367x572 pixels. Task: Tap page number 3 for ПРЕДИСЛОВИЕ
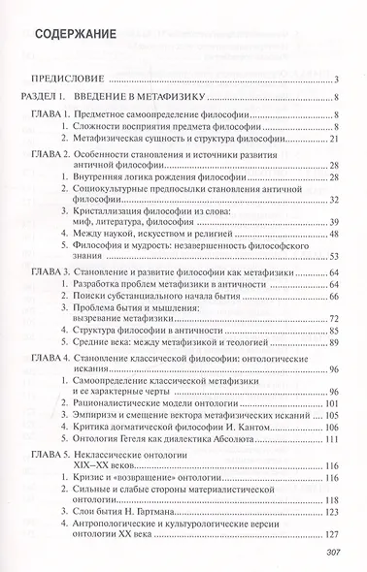point(333,79)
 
